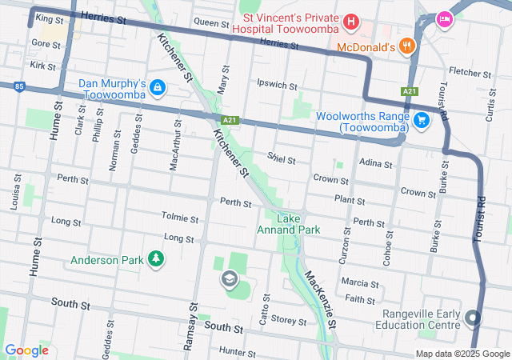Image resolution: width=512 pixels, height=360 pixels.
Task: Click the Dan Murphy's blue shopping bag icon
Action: [158, 86]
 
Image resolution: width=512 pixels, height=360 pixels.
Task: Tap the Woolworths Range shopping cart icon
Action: [421, 121]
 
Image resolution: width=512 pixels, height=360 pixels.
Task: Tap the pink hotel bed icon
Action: [443, 18]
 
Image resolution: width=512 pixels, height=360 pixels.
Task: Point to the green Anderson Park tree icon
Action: [158, 259]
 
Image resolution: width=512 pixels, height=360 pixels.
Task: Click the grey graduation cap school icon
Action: [230, 278]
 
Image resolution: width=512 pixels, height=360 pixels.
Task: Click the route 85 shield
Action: [18, 85]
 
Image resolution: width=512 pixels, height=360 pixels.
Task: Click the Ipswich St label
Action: [277, 84]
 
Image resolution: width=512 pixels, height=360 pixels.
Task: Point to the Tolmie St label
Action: [179, 218]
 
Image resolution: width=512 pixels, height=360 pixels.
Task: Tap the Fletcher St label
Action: [469, 72]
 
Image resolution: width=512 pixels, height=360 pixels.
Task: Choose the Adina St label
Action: [376, 163]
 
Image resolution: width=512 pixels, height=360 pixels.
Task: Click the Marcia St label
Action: [359, 283]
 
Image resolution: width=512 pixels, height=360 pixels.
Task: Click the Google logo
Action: [27, 350]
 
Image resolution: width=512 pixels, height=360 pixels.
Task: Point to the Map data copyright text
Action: [462, 354]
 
